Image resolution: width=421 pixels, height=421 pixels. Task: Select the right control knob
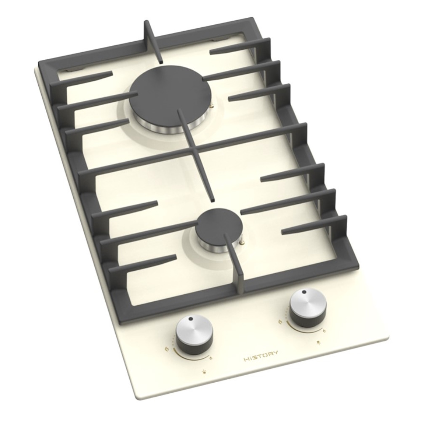[309, 309]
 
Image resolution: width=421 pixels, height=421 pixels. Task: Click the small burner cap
[219, 226]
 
